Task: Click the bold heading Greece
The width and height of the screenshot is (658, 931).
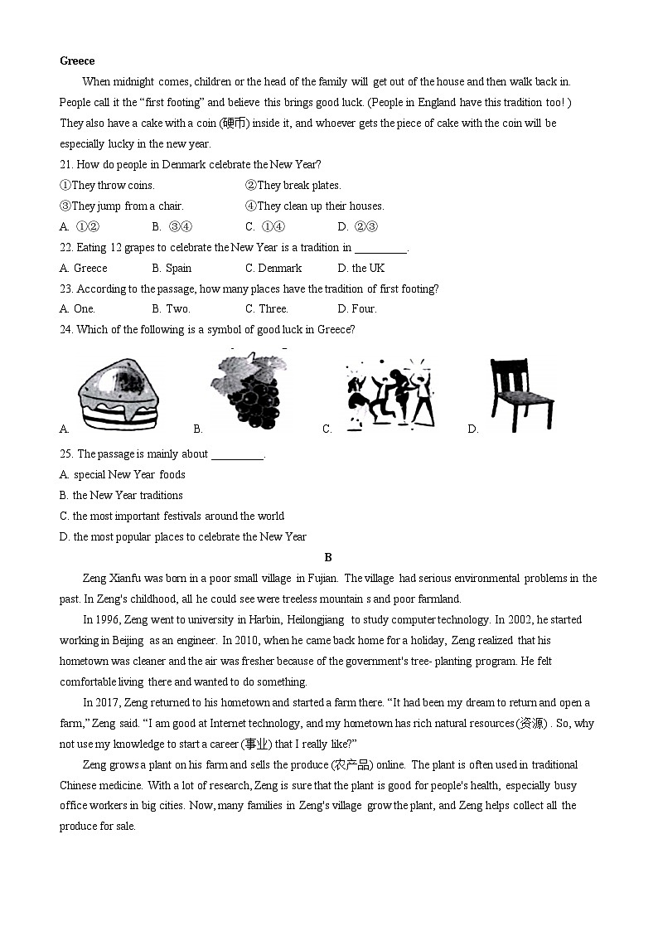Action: click(x=77, y=61)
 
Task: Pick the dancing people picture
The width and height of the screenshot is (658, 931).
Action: click(x=390, y=393)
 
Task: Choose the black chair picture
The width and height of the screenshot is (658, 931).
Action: click(x=520, y=394)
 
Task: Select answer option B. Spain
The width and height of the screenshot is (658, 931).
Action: click(x=172, y=268)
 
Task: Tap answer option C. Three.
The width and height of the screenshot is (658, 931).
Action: click(x=266, y=308)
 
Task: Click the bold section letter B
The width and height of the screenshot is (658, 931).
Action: click(x=328, y=557)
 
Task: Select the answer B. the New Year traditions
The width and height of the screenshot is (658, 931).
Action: click(x=121, y=495)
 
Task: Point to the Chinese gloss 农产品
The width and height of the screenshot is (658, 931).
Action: click(x=351, y=764)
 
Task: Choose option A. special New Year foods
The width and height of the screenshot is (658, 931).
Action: click(x=122, y=474)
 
